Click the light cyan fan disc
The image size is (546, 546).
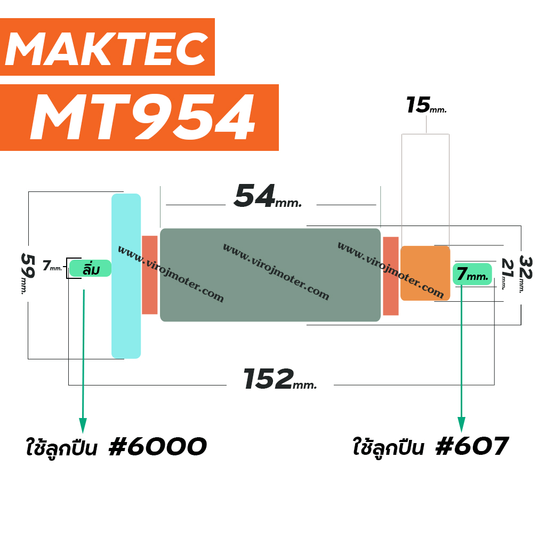(126, 276)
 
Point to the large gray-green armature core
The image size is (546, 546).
(270, 275)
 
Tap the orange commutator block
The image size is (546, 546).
(425, 273)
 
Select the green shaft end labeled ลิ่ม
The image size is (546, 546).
(90, 268)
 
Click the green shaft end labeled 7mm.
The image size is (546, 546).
(472, 274)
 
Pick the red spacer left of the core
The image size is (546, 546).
(149, 275)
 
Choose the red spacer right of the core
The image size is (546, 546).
(390, 275)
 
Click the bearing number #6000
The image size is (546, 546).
(157, 447)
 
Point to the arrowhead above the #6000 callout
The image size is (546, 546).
(83, 425)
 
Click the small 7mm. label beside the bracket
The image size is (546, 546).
(52, 265)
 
